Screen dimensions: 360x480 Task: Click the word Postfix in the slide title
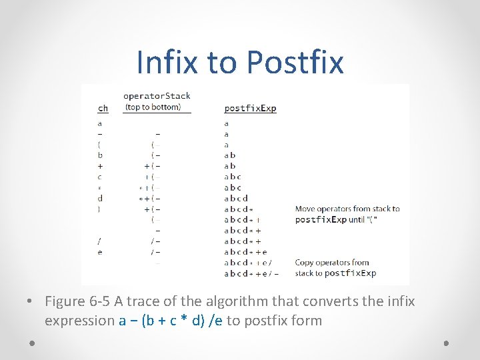pyautogui.click(x=295, y=62)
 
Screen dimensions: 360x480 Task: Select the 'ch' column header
pyautogui.click(x=103, y=108)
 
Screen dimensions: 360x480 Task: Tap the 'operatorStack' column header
pyautogui.click(x=157, y=96)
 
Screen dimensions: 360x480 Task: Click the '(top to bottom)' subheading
pyautogui.click(x=153, y=107)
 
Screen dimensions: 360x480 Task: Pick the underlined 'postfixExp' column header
pyautogui.click(x=250, y=108)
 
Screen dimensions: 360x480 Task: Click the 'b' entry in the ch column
pyautogui.click(x=100, y=155)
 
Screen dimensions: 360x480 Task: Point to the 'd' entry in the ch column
pyautogui.click(x=100, y=198)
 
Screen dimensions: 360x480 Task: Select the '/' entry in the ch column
pyautogui.click(x=100, y=241)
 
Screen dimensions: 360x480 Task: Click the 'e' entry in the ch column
pyautogui.click(x=100, y=251)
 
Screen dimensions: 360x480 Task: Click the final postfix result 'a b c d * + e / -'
pyautogui.click(x=251, y=273)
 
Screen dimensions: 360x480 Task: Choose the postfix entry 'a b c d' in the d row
pyautogui.click(x=236, y=198)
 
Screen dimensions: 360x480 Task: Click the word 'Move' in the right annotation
pyautogui.click(x=305, y=209)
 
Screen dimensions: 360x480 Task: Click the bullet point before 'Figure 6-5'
pyautogui.click(x=31, y=302)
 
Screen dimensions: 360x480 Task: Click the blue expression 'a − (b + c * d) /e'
pyautogui.click(x=171, y=321)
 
